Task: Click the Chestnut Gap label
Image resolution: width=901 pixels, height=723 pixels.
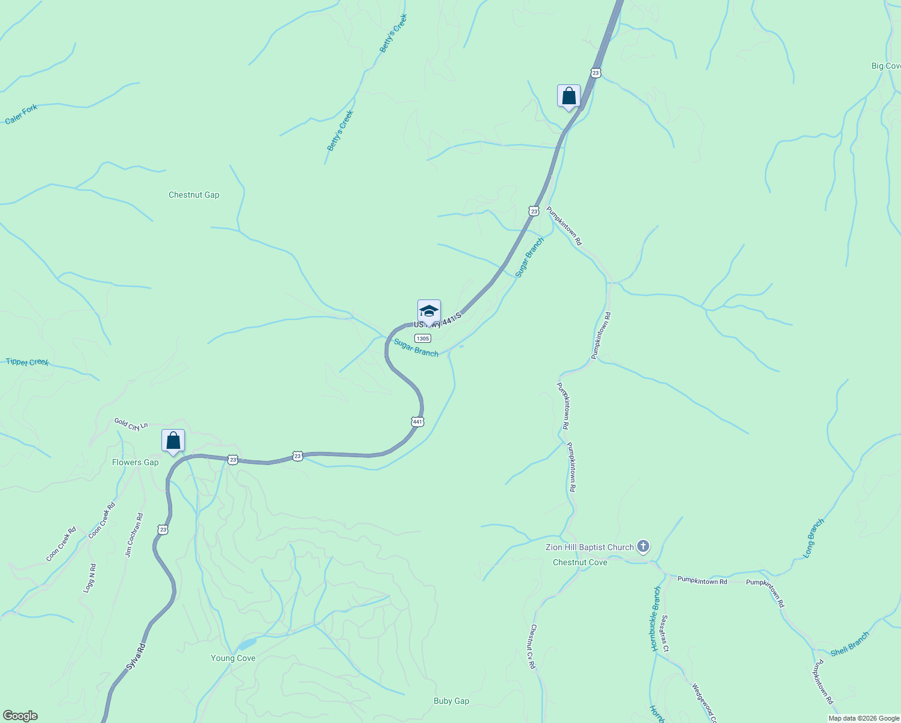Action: tap(194, 195)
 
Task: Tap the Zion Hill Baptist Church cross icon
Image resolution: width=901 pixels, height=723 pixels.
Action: tap(643, 546)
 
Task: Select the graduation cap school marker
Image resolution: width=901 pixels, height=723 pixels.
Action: tap(429, 311)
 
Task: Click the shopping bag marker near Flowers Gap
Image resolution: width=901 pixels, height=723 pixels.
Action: tap(173, 441)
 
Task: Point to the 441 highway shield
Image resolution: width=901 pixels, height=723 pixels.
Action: tap(417, 422)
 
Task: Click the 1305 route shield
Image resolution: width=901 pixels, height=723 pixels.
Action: tap(423, 339)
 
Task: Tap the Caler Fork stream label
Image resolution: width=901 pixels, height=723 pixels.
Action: tap(21, 114)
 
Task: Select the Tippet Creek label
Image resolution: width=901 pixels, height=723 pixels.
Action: tap(27, 362)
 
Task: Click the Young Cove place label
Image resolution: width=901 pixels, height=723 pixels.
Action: tap(233, 658)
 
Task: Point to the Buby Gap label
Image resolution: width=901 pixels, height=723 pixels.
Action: tap(451, 701)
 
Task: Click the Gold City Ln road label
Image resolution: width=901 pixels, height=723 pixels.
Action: tap(131, 425)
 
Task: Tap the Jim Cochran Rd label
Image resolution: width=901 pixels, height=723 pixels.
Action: tap(134, 534)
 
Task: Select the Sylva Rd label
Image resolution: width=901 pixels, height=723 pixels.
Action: tap(136, 657)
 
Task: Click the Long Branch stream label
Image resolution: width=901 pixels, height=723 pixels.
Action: tap(814, 538)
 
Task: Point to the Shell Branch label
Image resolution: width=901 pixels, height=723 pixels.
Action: tap(850, 644)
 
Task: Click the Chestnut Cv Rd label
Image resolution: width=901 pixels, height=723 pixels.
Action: tap(532, 646)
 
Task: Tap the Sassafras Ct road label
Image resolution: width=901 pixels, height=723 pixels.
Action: tap(664, 634)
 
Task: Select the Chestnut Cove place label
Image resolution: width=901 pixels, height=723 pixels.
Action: tap(580, 562)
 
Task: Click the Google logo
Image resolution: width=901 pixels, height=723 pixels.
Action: tap(19, 716)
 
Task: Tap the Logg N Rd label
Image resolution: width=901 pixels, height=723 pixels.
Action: tap(90, 578)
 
